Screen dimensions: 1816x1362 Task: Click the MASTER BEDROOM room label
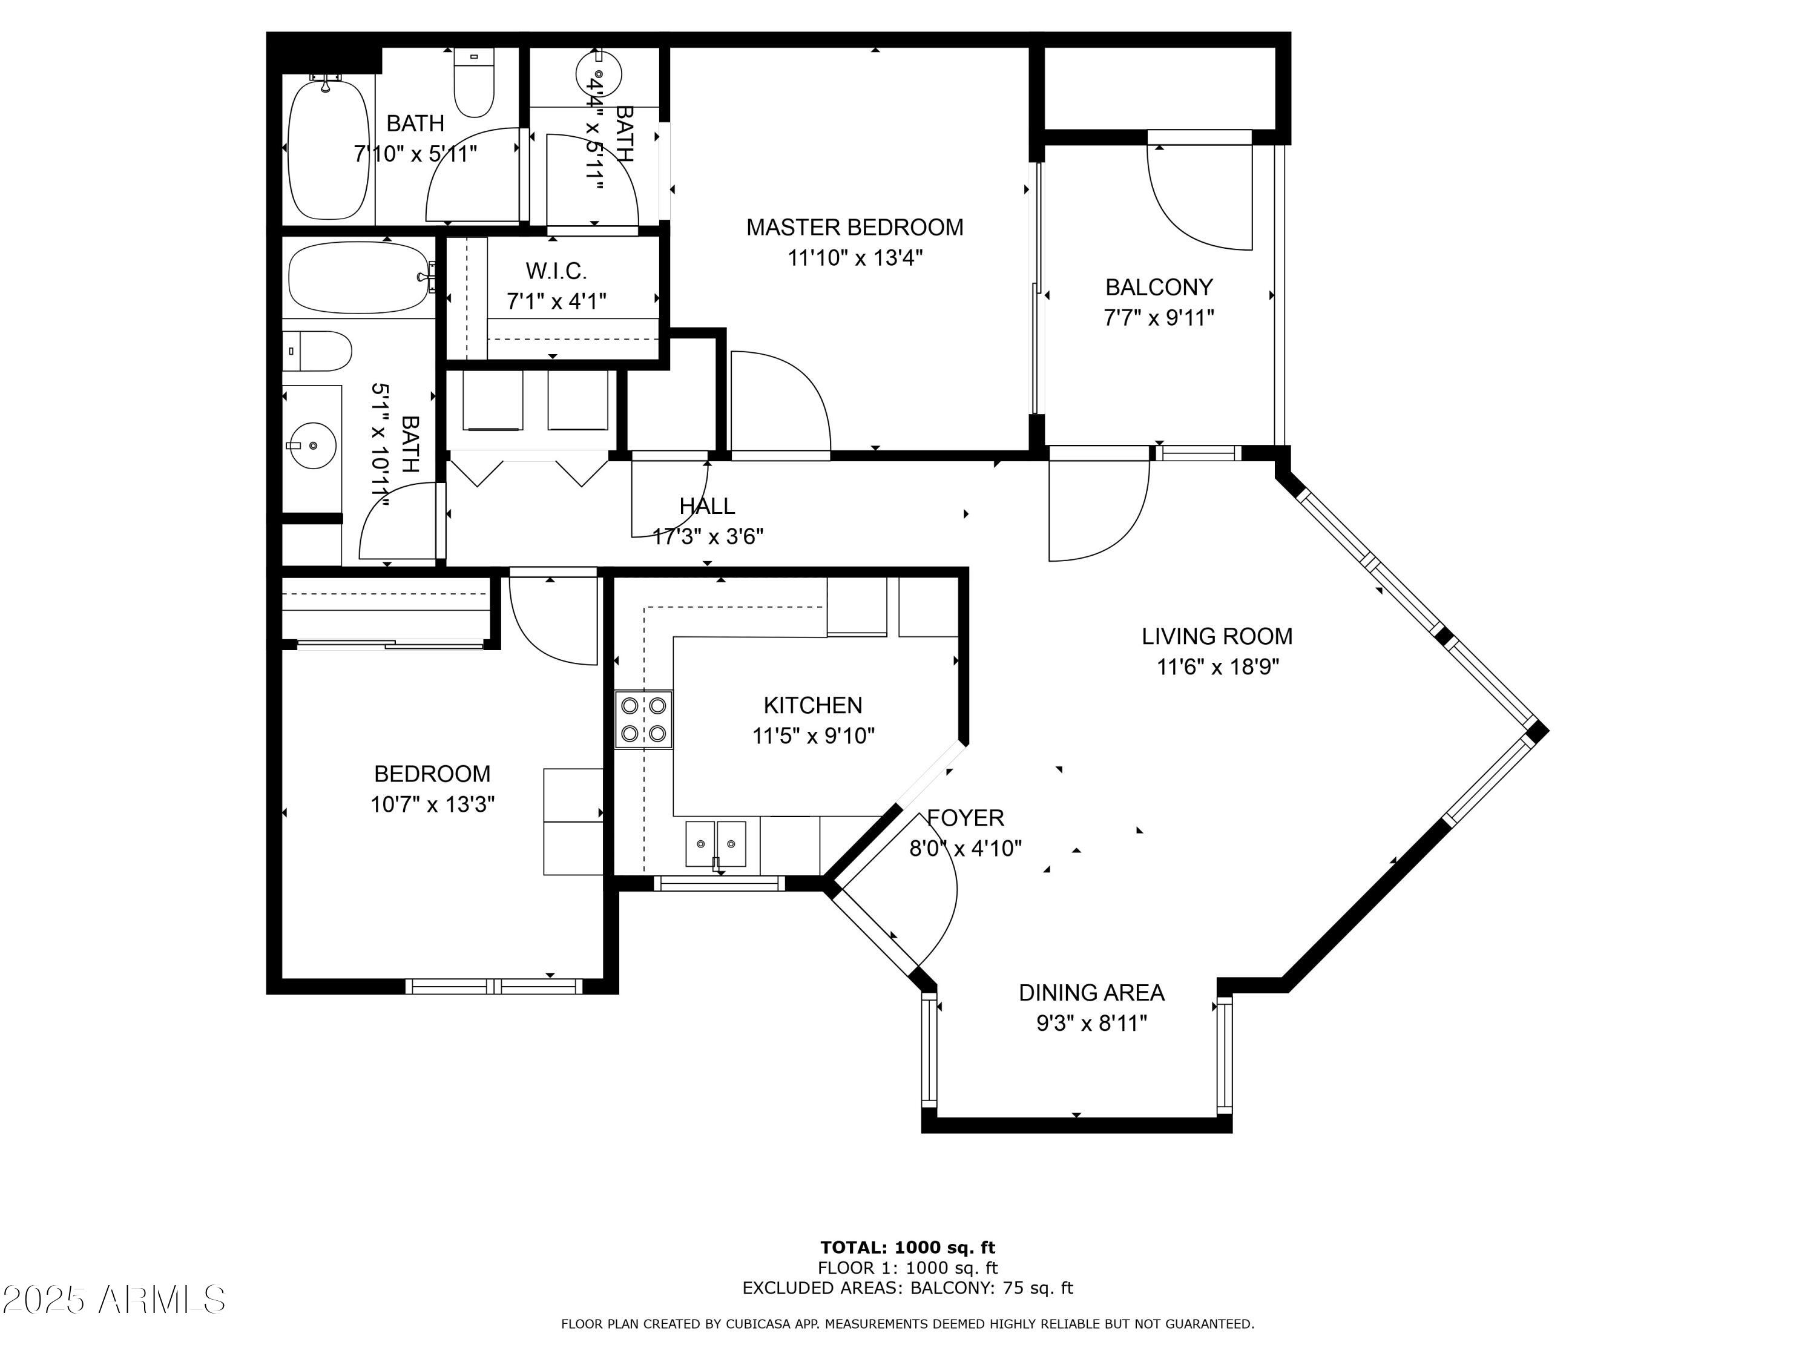[x=855, y=228]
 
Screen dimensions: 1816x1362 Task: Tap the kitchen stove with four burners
[x=643, y=719]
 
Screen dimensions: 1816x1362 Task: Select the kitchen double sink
[x=717, y=844]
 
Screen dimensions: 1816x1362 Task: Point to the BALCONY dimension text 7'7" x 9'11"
[x=1159, y=318]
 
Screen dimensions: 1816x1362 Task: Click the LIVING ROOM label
[x=1217, y=636]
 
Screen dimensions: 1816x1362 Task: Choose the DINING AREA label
[x=1091, y=993]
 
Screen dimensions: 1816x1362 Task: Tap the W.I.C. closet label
[x=557, y=271]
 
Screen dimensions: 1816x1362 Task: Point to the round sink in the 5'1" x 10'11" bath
[x=313, y=445]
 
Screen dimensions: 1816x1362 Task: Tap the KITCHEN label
[x=813, y=705]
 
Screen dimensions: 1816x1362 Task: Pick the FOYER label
[x=966, y=818]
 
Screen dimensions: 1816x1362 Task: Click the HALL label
[x=707, y=505]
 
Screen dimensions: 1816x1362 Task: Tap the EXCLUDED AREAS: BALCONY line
[x=907, y=1288]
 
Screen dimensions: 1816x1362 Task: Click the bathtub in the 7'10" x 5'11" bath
[x=328, y=148]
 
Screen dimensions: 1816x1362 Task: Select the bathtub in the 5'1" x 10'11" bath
[x=359, y=277]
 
